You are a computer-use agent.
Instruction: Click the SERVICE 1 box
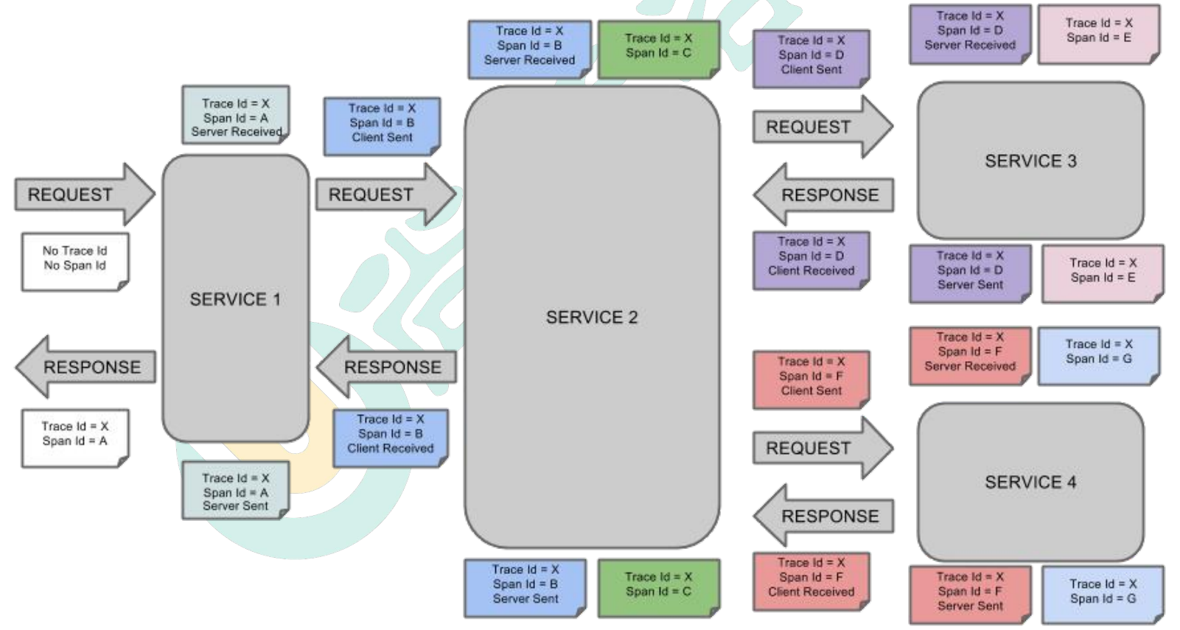pyautogui.click(x=235, y=298)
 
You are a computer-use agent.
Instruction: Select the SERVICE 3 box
pyautogui.click(x=1030, y=161)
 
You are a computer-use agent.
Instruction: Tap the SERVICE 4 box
pyautogui.click(x=1030, y=482)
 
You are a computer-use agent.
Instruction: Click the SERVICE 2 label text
pyautogui.click(x=592, y=318)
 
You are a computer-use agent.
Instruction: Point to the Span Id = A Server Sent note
pyautogui.click(x=235, y=491)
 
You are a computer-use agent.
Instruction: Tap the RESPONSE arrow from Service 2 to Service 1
pyautogui.click(x=388, y=367)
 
